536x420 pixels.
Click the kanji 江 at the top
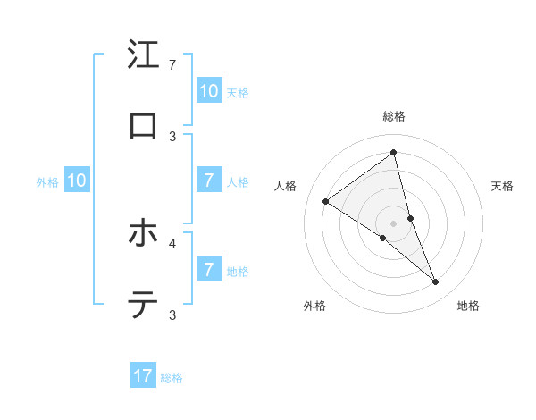tap(143, 55)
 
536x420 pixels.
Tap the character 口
tap(143, 126)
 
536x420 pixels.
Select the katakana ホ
tap(143, 233)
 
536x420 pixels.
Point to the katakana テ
tap(143, 306)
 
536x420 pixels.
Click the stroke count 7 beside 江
tap(172, 65)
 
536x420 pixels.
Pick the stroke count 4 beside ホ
tap(172, 242)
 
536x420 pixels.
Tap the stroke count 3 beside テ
tap(172, 315)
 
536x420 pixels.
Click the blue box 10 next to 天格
tap(208, 91)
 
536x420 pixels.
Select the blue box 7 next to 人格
tap(208, 181)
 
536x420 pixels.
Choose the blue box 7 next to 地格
tap(208, 270)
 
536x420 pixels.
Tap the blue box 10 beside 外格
tap(77, 181)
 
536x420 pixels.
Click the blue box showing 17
tap(143, 376)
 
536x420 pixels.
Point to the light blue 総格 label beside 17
tap(172, 378)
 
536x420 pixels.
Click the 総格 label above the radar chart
tap(394, 116)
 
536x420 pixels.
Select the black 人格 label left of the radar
tap(286, 186)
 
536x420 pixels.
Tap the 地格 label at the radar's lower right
tap(468, 307)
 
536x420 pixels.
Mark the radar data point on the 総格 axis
tap(394, 152)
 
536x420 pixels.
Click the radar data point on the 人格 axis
tap(326, 201)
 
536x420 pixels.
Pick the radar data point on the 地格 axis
tap(436, 282)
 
